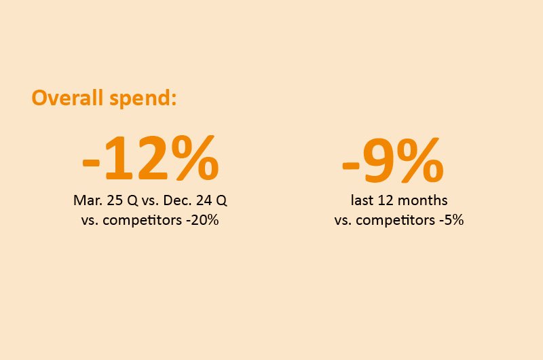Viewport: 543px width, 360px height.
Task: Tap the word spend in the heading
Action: coord(141,98)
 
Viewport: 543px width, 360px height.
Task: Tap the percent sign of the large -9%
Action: coord(419,160)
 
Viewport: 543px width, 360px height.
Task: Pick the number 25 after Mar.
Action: coord(115,200)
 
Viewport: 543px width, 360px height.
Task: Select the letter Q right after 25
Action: coord(132,201)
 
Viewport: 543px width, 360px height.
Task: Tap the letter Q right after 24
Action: coord(221,201)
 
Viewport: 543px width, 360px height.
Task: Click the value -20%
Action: coord(202,220)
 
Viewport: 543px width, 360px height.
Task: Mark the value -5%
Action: coord(451,220)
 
